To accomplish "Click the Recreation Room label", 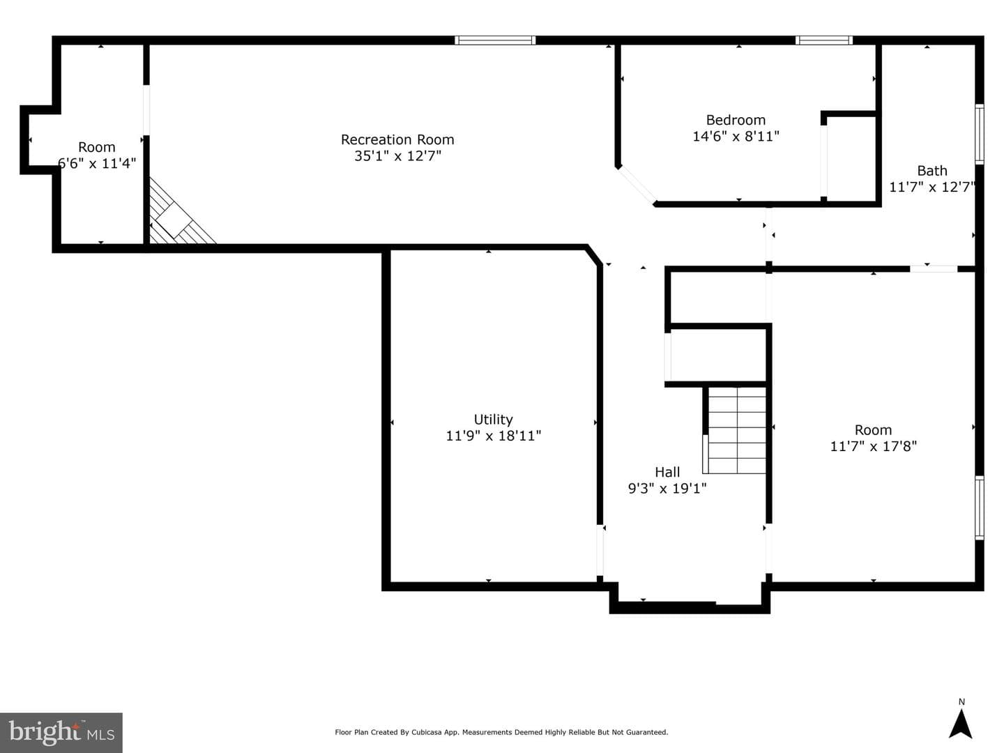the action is coord(397,139).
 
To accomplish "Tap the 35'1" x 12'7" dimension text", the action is coord(397,156).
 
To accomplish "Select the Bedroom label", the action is coord(736,120).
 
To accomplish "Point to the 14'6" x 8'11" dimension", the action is coord(736,136).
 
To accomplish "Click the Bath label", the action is coord(931,171).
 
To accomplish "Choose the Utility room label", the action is coord(493,420).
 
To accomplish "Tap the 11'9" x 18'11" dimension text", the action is coord(493,436).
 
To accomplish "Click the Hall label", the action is coord(667,472).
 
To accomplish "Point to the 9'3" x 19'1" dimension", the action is coord(667,489).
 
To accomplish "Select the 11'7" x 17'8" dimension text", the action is coord(873,446).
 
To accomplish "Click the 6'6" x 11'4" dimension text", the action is coord(97,163).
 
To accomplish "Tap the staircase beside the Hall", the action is coord(735,430).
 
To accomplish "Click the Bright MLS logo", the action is coord(61,732).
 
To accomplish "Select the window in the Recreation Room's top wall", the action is coord(495,40).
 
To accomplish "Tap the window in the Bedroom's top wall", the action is coord(824,40).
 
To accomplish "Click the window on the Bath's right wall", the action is coord(980,134).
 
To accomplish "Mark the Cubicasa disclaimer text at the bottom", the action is coord(501,732).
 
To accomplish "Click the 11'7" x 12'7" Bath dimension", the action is coord(932,187).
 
